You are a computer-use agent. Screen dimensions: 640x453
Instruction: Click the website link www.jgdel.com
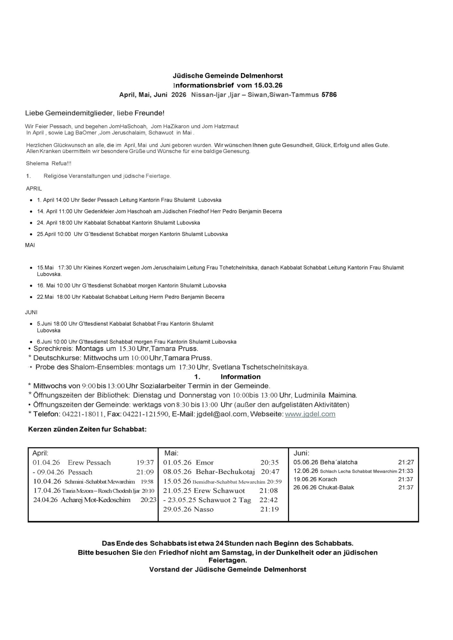point(310,414)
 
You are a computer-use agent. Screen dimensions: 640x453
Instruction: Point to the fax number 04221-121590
point(147,414)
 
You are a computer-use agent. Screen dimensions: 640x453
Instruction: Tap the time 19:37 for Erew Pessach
point(145,462)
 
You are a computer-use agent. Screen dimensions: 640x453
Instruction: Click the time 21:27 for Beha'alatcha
point(406,462)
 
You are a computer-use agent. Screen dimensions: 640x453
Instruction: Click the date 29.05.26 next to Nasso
point(175,509)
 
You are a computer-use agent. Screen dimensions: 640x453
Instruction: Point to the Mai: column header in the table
point(171,453)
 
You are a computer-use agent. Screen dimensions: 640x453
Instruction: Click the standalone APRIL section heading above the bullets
point(34,188)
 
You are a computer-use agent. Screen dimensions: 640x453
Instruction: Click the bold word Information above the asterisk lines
point(240,377)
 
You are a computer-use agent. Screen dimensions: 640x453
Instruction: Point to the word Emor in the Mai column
point(205,462)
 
